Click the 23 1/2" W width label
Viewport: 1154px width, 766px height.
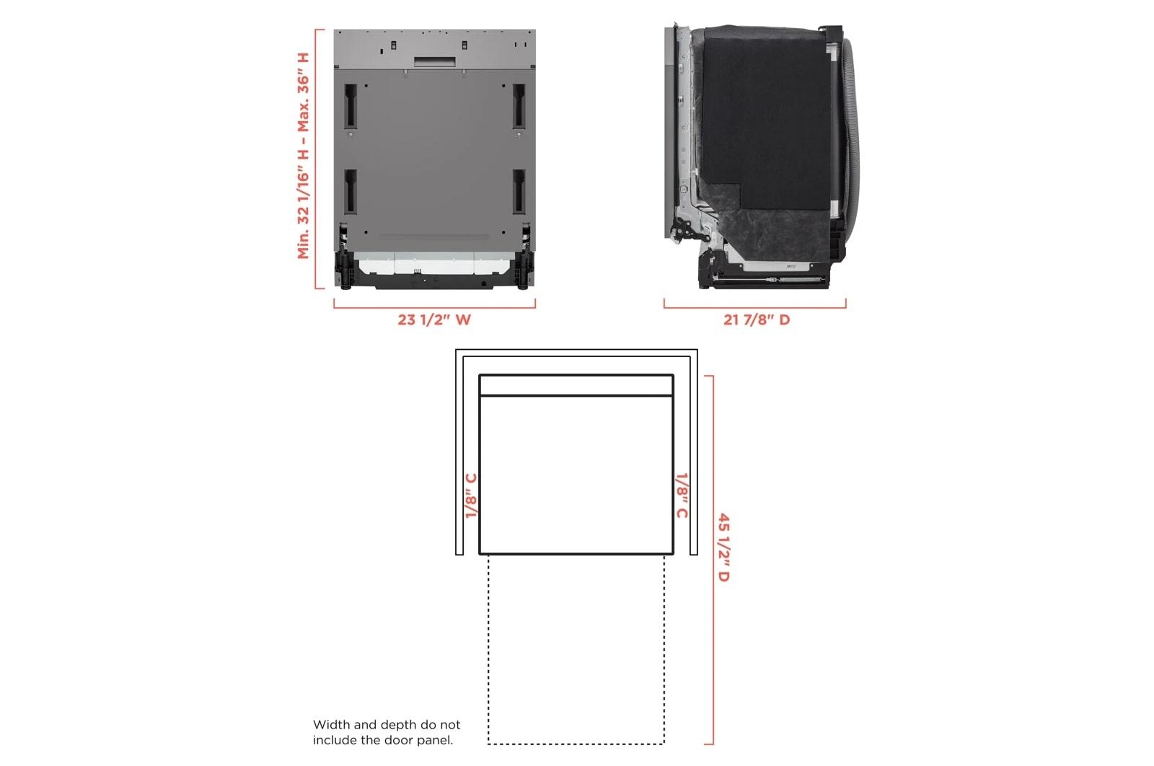(433, 319)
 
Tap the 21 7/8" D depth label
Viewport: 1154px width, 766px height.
(757, 319)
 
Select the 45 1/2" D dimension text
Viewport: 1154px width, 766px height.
(723, 547)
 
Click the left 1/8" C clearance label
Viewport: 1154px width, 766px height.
(471, 496)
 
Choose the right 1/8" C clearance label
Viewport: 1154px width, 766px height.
(681, 496)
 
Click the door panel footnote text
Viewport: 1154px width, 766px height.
(386, 732)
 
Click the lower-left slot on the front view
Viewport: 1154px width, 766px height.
(351, 192)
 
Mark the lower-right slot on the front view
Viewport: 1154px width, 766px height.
(519, 192)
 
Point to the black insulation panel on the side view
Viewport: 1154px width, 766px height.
(765, 115)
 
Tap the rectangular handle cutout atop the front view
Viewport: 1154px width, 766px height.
(434, 62)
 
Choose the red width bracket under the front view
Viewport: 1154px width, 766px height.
(434, 307)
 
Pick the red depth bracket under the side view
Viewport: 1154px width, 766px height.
(754, 307)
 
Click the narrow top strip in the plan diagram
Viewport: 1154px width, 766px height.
(576, 385)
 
